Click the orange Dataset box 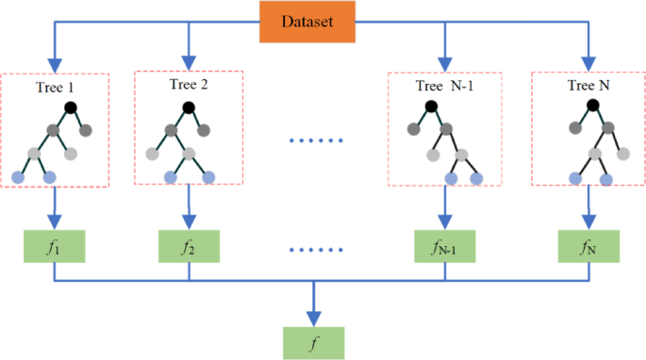coord(309,20)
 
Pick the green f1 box coord(54,250)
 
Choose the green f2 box coord(189,250)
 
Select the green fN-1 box coord(445,250)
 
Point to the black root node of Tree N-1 coord(432,106)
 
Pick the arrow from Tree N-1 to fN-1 coord(445,209)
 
